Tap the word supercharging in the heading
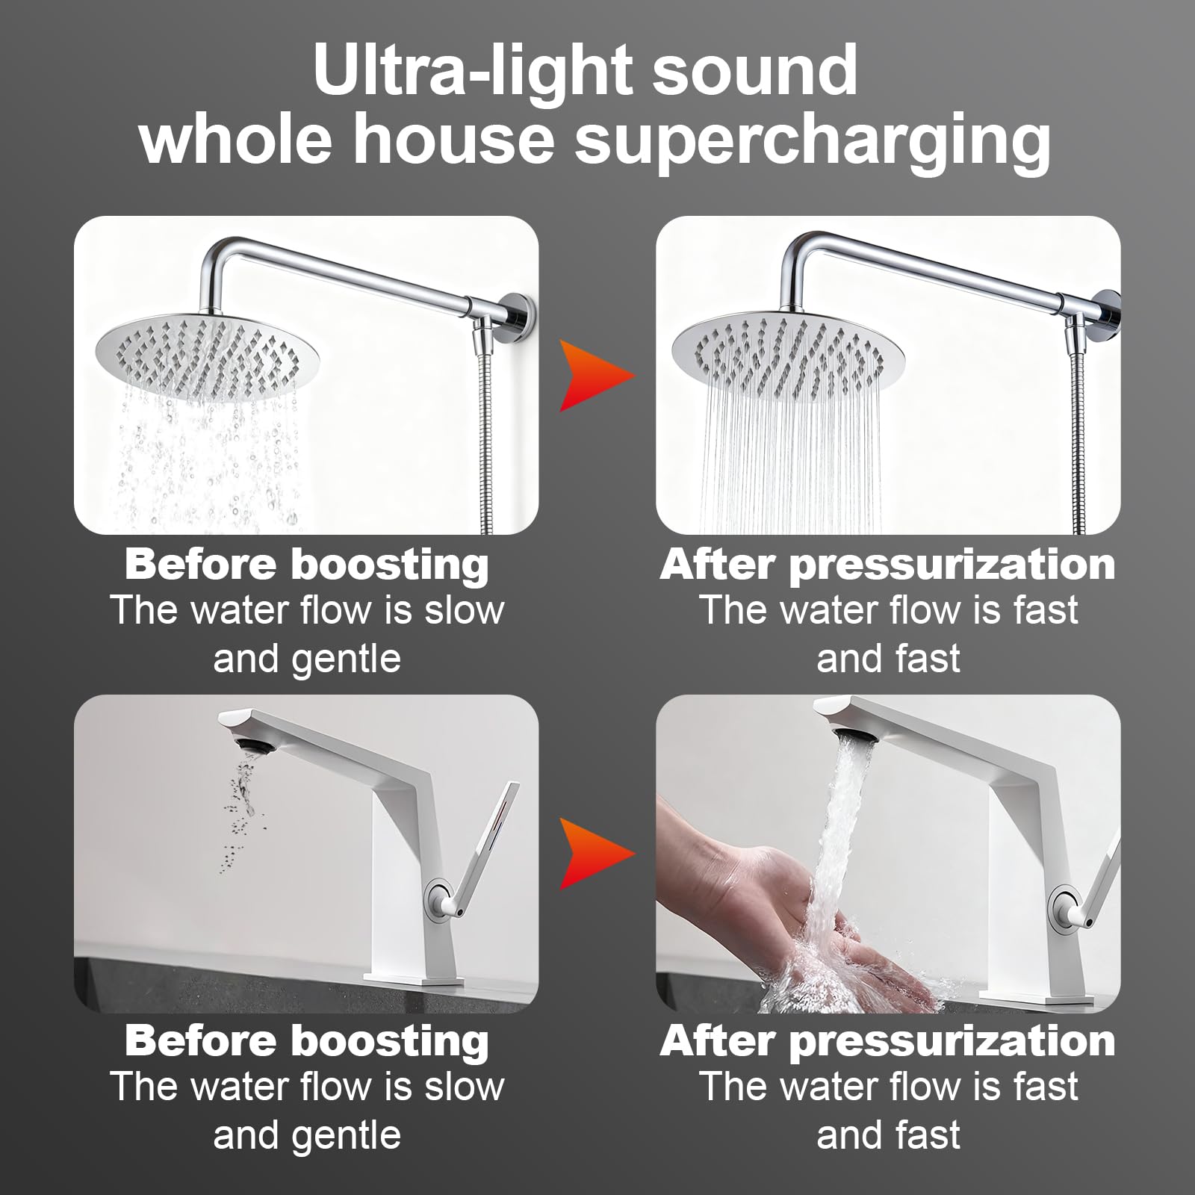(x=813, y=142)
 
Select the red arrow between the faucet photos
(x=597, y=853)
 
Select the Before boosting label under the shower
(x=307, y=565)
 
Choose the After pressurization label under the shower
(x=888, y=565)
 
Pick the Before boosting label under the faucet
(x=307, y=1041)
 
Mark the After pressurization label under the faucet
(x=888, y=1041)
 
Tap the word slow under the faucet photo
(x=465, y=1087)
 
